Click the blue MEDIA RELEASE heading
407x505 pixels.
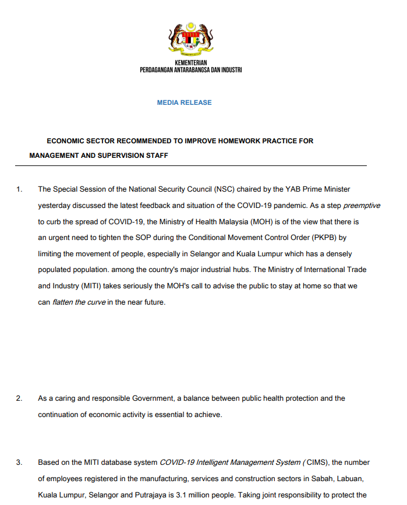[x=184, y=103]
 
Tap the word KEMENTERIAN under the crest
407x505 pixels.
[x=191, y=63]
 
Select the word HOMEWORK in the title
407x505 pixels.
[x=230, y=141]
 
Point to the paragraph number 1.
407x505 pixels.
[x=19, y=189]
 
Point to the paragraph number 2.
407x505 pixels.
[x=19, y=398]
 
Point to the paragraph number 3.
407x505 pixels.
[x=19, y=462]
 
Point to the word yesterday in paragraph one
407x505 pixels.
[x=55, y=206]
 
